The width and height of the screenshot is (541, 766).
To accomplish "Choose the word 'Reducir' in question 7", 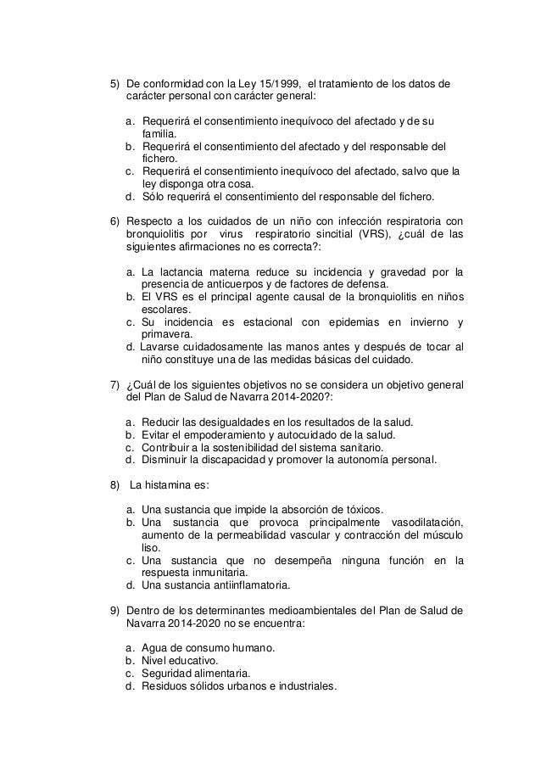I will coord(160,422).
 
